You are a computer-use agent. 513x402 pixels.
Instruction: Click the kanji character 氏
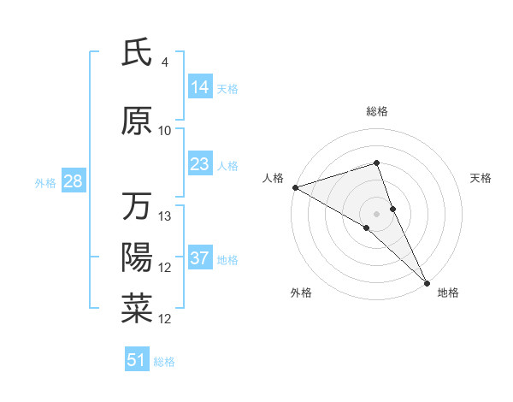click(x=137, y=54)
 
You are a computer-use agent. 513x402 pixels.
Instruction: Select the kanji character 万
click(x=137, y=206)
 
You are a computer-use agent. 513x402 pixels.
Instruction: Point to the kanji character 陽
click(x=137, y=257)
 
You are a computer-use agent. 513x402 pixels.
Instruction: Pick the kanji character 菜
click(x=137, y=309)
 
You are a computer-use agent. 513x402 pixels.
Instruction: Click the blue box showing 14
click(x=199, y=87)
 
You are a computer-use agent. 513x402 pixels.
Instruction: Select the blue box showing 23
click(x=199, y=164)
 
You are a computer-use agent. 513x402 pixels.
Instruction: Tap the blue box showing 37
click(x=199, y=258)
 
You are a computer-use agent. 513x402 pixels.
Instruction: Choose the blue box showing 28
click(x=73, y=181)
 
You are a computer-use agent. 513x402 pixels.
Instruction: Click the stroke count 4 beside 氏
click(x=165, y=62)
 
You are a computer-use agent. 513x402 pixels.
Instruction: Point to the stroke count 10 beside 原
click(x=165, y=130)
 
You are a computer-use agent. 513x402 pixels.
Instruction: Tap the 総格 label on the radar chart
click(x=377, y=111)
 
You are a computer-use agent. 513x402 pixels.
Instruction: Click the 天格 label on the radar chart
click(x=481, y=178)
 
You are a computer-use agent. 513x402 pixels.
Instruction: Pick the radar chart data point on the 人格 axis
click(x=294, y=186)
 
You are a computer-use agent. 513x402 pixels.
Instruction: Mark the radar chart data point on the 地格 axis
click(x=427, y=281)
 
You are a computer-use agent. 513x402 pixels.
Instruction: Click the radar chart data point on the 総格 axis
click(x=377, y=163)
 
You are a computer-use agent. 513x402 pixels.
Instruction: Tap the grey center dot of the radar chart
click(x=377, y=212)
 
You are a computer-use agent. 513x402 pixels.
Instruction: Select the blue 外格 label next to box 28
click(x=45, y=182)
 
